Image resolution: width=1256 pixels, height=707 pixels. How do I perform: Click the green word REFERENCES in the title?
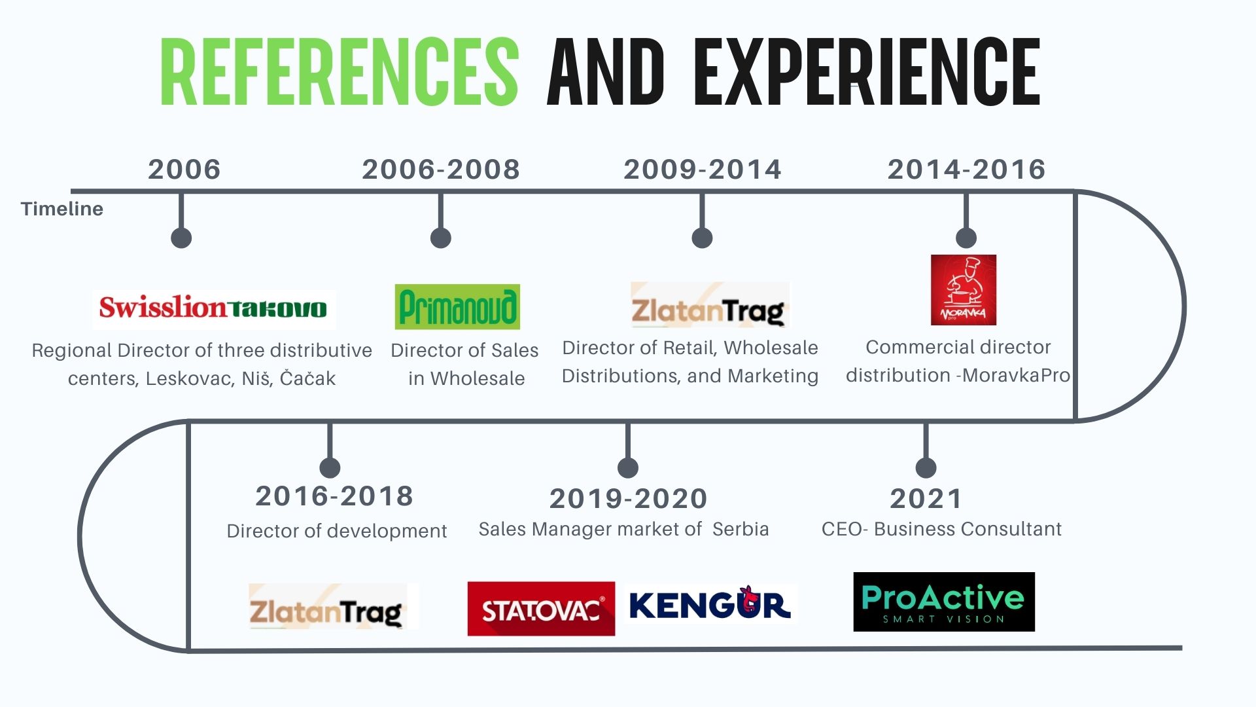coord(339,71)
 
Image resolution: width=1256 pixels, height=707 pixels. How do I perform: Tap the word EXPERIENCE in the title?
coord(867,71)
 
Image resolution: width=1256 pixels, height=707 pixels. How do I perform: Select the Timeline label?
coord(62,209)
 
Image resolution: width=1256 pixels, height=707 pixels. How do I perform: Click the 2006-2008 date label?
coord(441,170)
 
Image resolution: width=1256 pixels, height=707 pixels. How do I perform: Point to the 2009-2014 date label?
coord(703,170)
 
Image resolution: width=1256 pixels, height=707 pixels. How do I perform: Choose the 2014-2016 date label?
coord(966,170)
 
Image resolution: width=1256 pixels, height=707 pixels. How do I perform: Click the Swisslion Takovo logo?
coord(214,308)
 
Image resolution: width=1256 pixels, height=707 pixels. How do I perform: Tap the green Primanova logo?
coord(457,306)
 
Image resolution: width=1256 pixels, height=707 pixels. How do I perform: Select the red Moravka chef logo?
coord(964,290)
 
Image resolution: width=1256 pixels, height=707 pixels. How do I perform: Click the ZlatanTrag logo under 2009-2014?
coord(710,305)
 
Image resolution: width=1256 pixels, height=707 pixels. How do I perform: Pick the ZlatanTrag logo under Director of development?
coord(333,606)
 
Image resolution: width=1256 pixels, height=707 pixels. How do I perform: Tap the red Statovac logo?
coord(541,609)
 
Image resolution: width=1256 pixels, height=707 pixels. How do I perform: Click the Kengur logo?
coord(710,604)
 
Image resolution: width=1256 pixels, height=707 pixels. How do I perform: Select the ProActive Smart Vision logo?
coord(944,602)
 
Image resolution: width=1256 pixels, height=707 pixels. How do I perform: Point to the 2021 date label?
coord(926,499)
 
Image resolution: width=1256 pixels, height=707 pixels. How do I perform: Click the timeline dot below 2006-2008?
coord(441,238)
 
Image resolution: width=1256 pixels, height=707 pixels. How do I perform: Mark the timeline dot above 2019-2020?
coord(628,467)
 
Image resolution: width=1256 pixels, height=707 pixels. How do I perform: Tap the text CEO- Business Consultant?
coord(941,529)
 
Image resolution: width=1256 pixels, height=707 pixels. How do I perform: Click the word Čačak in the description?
coord(307,378)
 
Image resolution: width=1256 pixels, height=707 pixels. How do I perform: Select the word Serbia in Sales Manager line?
coord(741,529)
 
